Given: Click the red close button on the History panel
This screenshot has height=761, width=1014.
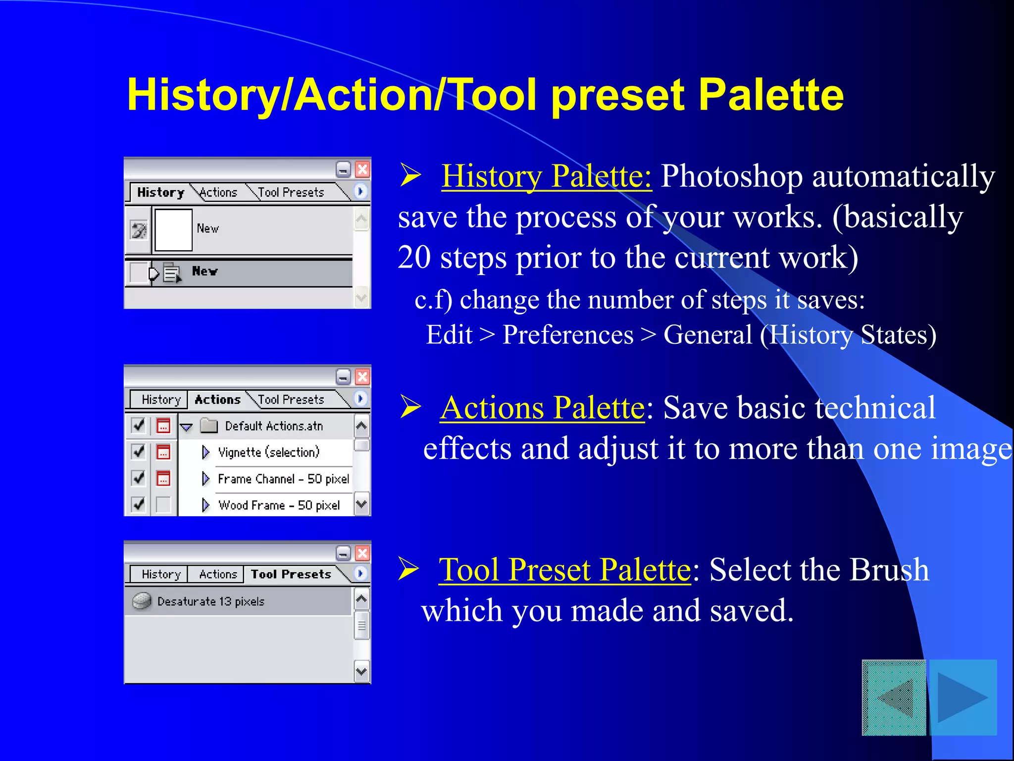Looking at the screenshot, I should pos(362,170).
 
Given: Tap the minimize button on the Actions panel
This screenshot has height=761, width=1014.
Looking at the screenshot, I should pos(343,378).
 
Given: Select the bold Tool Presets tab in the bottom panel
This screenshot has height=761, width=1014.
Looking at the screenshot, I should pos(291,574).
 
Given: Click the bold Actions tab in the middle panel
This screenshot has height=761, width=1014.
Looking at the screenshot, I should pos(217,399).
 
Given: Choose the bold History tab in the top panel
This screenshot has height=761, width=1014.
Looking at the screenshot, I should pos(160,192).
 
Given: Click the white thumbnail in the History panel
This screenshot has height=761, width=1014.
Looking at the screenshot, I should pos(173,230).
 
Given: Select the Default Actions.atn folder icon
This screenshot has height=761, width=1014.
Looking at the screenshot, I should pos(209,426).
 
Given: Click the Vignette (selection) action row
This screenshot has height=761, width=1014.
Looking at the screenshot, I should pos(269,452).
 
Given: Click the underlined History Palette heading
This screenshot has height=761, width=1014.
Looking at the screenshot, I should pos(546,176).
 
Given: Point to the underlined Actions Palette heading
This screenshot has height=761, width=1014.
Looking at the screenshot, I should pos(543,408).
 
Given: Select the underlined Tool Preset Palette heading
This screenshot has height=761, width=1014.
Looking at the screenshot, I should pos(564,569).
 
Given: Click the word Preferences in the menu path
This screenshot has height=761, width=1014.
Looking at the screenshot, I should pos(568,335).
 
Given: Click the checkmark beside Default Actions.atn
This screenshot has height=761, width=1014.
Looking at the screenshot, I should pos(138,426).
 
